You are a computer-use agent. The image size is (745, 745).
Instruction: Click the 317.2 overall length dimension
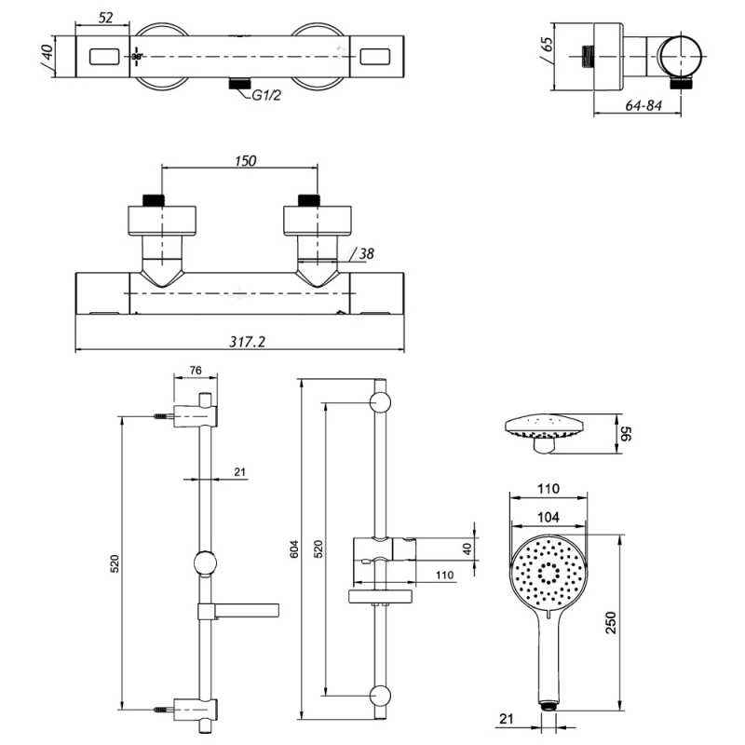(x=247, y=342)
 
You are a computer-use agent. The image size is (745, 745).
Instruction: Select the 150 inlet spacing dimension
(x=244, y=160)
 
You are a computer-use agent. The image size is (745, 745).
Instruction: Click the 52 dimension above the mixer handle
(x=105, y=18)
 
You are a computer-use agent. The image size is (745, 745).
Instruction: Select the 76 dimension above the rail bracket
(x=196, y=370)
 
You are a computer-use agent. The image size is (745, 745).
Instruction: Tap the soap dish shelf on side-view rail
(x=238, y=610)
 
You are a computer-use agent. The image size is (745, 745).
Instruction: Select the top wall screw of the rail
(x=162, y=415)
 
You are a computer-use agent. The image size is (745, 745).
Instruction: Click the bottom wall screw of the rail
(x=162, y=711)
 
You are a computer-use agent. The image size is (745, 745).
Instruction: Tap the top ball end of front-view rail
(x=379, y=403)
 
